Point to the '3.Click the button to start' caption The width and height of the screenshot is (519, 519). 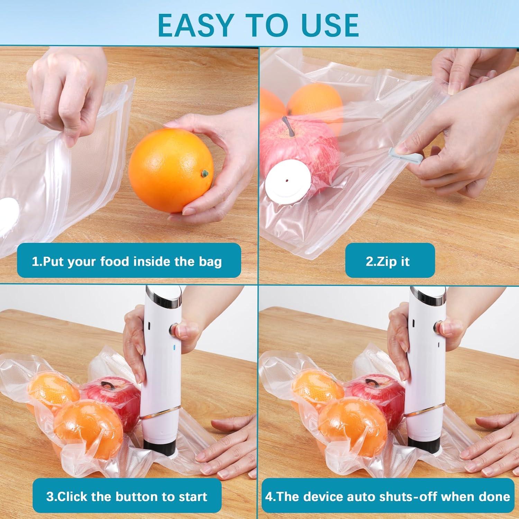point(127,497)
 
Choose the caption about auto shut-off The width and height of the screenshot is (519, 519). point(388,497)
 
